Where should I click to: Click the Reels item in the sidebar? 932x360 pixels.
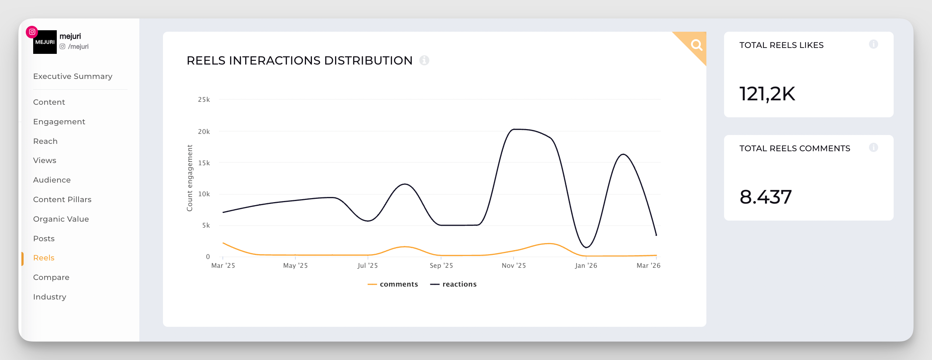pyautogui.click(x=44, y=258)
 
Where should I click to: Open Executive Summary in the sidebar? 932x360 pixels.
pyautogui.click(x=73, y=76)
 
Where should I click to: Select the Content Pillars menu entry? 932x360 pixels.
pyautogui.click(x=62, y=200)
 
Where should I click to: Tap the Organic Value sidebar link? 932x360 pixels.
pyautogui.click(x=61, y=219)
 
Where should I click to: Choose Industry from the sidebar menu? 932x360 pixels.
pyautogui.click(x=49, y=297)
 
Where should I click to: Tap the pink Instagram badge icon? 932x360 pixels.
pyautogui.click(x=32, y=32)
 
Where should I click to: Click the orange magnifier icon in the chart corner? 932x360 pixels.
pyautogui.click(x=696, y=45)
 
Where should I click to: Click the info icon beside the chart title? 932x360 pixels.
pyautogui.click(x=424, y=60)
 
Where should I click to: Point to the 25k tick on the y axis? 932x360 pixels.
pyautogui.click(x=204, y=100)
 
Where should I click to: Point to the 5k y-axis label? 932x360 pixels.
pyautogui.click(x=206, y=225)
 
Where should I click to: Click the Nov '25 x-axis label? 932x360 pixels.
pyautogui.click(x=514, y=266)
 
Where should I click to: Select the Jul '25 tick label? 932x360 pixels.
pyautogui.click(x=367, y=266)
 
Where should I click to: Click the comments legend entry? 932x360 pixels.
pyautogui.click(x=393, y=284)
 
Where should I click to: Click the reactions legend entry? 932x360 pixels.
pyautogui.click(x=454, y=284)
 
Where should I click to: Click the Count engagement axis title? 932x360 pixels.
pyautogui.click(x=190, y=178)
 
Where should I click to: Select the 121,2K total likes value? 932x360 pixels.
pyautogui.click(x=767, y=94)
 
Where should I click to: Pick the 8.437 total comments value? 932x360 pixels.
pyautogui.click(x=765, y=197)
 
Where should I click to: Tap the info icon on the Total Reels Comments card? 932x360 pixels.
pyautogui.click(x=873, y=148)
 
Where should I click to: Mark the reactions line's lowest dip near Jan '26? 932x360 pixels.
pyautogui.click(x=586, y=247)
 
